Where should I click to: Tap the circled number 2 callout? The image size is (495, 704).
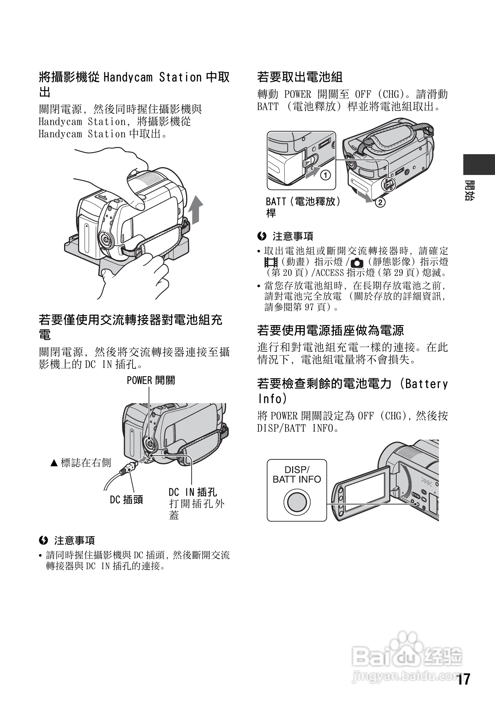coord(380,202)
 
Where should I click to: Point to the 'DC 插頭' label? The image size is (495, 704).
coord(126,500)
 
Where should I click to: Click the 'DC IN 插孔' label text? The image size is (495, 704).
coord(193,492)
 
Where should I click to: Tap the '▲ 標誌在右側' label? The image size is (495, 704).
coord(80,463)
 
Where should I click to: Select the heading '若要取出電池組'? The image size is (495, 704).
coord(300,77)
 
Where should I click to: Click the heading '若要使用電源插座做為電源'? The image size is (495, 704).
coord(330,330)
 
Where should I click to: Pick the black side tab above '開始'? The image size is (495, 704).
coord(479,165)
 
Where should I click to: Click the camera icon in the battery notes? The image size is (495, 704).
coord(357,263)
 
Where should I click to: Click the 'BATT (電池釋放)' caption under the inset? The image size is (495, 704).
coord(303,202)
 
